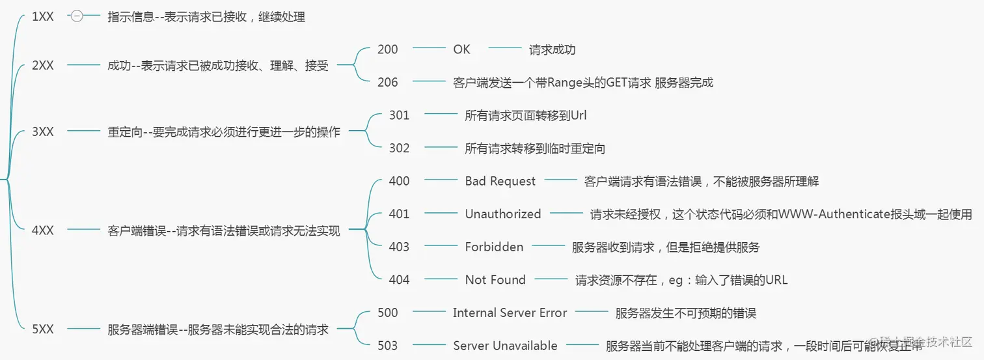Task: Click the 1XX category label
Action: [43, 17]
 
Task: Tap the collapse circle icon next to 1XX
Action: [77, 17]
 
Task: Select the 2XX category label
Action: [43, 66]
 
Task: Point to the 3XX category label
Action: [43, 132]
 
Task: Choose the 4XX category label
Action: [43, 230]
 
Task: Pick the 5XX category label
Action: [43, 329]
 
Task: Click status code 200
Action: [387, 49]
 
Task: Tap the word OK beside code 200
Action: [461, 49]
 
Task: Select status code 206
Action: [387, 83]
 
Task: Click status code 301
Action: [399, 115]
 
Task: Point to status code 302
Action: [399, 148]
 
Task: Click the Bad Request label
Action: [500, 181]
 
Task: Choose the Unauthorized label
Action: [502, 214]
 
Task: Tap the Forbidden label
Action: [494, 247]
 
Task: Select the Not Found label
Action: [495, 280]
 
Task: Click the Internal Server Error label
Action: [510, 313]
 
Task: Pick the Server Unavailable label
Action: [505, 346]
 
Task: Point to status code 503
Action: [387, 346]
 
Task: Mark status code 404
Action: [399, 280]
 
